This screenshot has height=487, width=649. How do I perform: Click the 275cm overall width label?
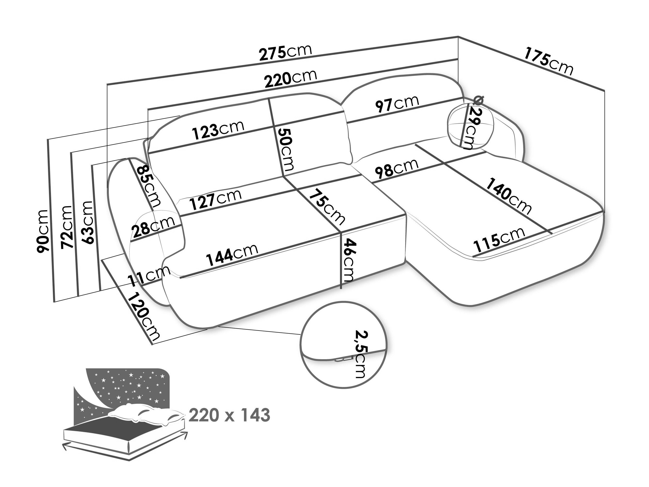pyautogui.click(x=285, y=53)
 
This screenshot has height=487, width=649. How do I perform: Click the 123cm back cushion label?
pyautogui.click(x=218, y=130)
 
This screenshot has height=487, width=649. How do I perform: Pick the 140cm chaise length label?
pyautogui.click(x=509, y=196)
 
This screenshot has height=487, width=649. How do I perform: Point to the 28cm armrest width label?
pyautogui.click(x=153, y=226)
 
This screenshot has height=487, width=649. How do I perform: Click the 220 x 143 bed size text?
pyautogui.click(x=229, y=415)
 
